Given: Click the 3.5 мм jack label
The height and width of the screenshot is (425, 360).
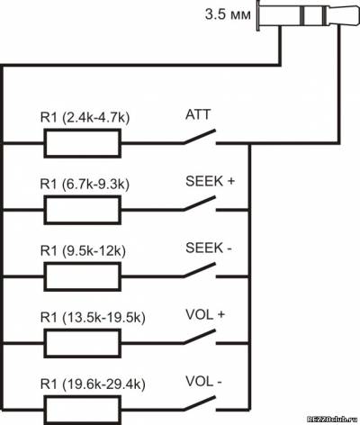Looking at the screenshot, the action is pos(228,14).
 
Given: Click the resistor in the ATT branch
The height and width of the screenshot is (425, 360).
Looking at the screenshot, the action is pos(83,143).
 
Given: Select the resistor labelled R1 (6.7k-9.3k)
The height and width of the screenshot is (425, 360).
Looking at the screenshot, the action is pos(83,210).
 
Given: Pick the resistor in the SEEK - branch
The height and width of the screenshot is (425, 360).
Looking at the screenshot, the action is pos(83,276).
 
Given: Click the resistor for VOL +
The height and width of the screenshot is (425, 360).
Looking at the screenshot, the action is pos(83,343).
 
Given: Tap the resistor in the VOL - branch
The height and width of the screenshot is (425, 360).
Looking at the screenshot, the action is pos(83,410).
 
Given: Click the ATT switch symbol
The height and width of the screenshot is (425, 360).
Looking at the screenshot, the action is pos(200,137).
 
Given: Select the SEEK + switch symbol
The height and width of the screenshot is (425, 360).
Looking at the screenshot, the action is pos(200,203).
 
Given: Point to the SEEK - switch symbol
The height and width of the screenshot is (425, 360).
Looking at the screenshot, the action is pos(200,270).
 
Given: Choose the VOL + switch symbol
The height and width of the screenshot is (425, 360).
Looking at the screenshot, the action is pos(200,337).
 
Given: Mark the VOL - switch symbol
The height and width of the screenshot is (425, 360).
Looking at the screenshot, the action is pos(200,403).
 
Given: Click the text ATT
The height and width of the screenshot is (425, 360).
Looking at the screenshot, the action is pos(198,115).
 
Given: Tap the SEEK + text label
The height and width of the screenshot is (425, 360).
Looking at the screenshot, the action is pos(210,181).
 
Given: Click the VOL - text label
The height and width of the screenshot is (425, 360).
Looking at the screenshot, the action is pos(203,381).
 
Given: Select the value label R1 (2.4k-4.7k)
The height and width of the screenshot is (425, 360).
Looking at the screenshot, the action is pos(85,118).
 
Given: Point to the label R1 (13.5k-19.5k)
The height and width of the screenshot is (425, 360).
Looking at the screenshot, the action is pos(93,317).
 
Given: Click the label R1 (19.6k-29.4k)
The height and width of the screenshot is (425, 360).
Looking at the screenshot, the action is pos(93,384).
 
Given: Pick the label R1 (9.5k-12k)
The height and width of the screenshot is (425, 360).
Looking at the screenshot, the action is pos(83,250).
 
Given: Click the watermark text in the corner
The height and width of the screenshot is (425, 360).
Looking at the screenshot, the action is pos(333,420).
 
